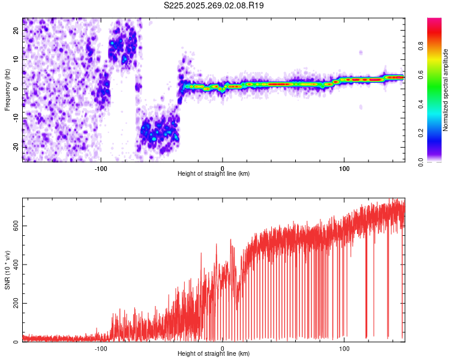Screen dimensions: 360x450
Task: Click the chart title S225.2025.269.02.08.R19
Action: (x=214, y=5)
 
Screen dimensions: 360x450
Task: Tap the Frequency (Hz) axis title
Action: (x=7, y=90)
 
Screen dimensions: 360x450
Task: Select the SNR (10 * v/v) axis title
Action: (x=7, y=270)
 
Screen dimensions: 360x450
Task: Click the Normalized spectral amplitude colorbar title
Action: (x=445, y=90)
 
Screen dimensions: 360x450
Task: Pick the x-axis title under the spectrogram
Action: (x=214, y=173)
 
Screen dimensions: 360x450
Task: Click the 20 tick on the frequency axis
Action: (x=16, y=30)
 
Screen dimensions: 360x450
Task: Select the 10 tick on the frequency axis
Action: (x=16, y=59)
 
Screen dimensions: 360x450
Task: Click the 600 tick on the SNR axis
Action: (x=16, y=226)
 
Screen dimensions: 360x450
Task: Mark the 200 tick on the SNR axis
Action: (x=16, y=304)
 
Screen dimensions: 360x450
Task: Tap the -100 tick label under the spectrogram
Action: (x=101, y=167)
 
